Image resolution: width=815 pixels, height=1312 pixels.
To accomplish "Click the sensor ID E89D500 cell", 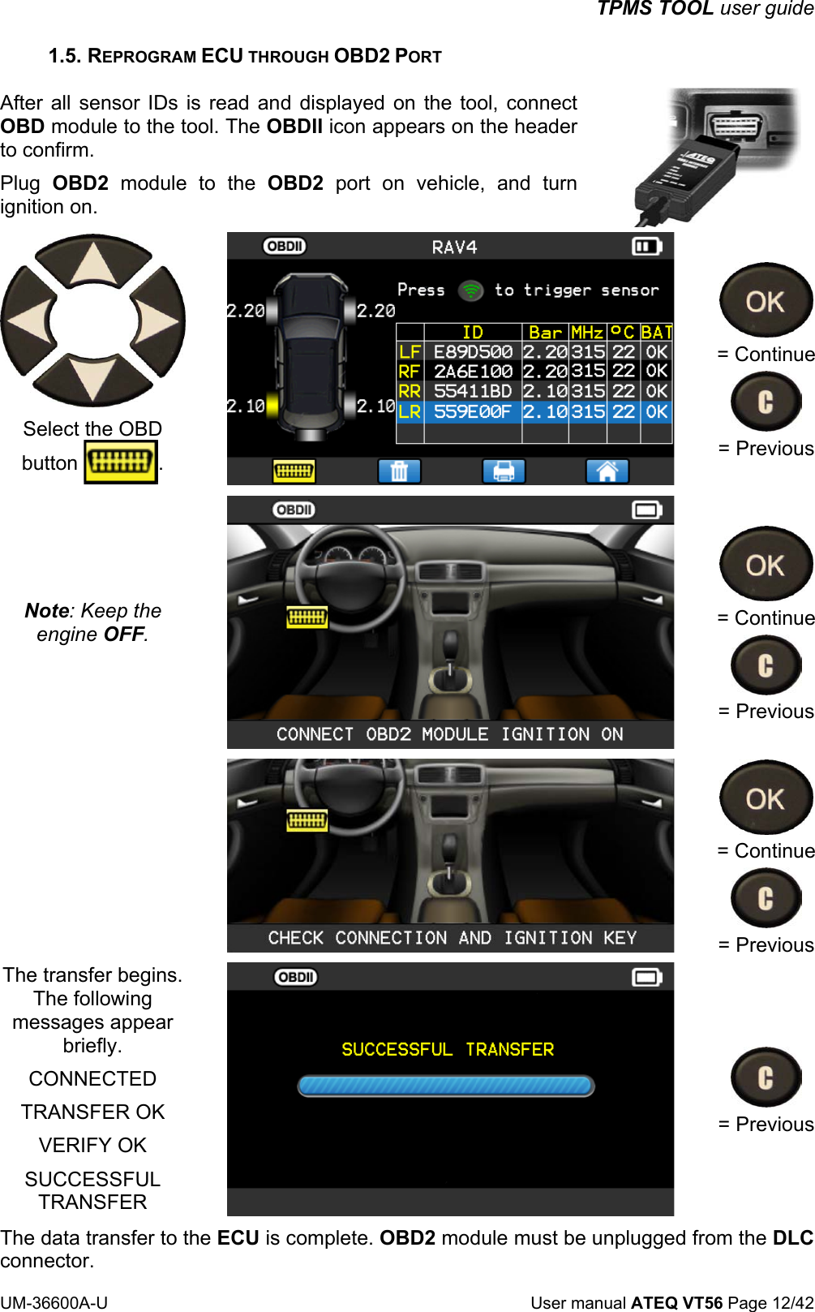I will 473,352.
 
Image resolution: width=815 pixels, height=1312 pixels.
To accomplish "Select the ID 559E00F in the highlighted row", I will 473,412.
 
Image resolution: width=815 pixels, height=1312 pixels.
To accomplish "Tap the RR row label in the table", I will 410,392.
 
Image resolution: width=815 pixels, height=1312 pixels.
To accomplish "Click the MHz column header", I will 587,333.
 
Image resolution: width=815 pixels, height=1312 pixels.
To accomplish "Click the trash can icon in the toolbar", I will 399,471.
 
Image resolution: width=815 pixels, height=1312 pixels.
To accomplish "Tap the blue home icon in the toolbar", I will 607,471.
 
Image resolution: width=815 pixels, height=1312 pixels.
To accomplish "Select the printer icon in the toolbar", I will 504,471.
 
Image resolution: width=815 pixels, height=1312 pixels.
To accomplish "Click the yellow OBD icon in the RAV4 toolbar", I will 294,471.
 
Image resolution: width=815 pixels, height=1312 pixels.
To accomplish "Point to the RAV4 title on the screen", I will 454,247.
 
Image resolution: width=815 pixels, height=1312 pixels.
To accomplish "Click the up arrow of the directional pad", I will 95,264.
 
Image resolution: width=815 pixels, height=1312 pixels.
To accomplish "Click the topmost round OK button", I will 766,302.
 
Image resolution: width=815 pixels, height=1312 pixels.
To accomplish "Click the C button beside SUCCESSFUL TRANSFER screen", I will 766,1078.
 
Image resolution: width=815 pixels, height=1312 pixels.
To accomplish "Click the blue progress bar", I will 446,1086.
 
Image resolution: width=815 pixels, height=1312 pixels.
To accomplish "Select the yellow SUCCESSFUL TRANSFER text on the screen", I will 448,1050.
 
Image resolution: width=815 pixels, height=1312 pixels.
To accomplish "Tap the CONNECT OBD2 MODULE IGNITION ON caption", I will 450,735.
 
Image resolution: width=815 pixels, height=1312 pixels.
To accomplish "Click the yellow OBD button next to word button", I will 121,462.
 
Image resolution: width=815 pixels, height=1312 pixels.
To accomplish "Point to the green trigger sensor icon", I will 470,290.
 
